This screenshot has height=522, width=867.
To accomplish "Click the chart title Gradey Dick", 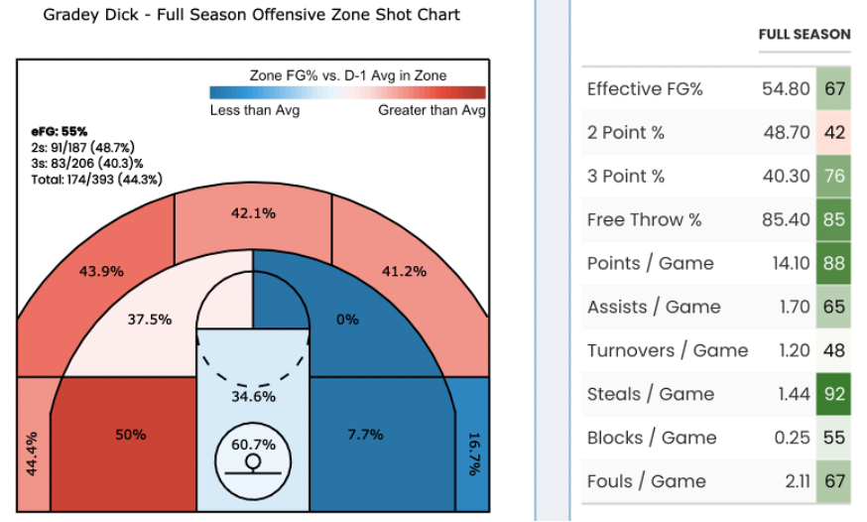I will coord(252,16).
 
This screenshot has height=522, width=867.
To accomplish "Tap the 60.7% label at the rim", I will coord(253,444).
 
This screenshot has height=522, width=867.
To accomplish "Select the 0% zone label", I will coord(347,320).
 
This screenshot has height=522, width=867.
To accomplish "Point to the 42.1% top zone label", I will coord(253,213).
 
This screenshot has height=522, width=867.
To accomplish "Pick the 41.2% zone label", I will coord(404,270).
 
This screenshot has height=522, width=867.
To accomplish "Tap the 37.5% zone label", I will coord(150,320).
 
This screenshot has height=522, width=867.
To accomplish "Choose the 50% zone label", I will coord(130,435).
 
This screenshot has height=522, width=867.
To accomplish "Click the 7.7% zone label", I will coord(365,435).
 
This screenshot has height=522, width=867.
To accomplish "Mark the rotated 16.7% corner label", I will coord(473,454).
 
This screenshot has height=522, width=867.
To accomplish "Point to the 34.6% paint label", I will coord(253,397).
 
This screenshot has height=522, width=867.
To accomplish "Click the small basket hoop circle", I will coord(253,461).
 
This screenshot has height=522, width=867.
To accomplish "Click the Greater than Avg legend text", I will coord(432,110).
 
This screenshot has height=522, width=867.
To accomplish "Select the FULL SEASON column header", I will coord(805,34).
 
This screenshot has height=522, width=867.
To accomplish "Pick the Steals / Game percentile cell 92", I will coord(834,394).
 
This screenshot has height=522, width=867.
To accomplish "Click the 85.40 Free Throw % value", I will coord(786,219).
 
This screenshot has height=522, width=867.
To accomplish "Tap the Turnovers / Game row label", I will coord(668,350).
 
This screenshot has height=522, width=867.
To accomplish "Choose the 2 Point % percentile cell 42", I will coord(834,132).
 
